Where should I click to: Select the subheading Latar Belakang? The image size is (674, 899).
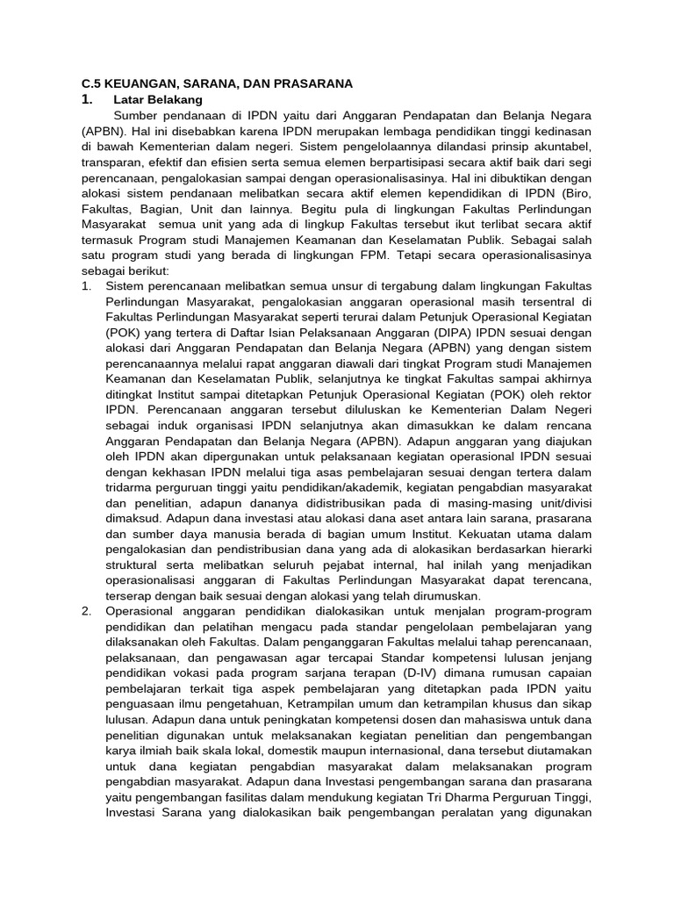tap(158, 100)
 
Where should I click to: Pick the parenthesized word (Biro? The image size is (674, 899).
tap(574, 192)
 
